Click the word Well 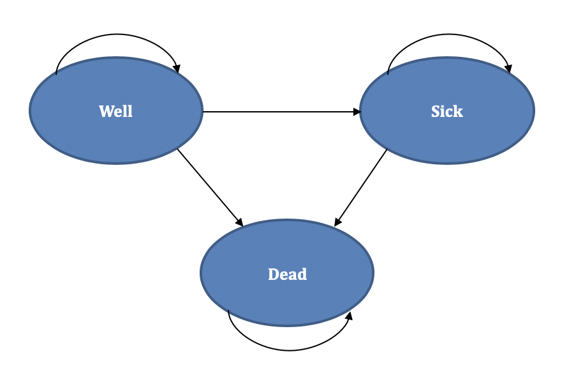pyautogui.click(x=116, y=111)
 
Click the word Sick pyautogui.click(x=447, y=111)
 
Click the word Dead pyautogui.click(x=287, y=274)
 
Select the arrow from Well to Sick pyautogui.click(x=281, y=112)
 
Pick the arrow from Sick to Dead pyautogui.click(x=361, y=187)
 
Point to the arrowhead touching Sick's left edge pyautogui.click(x=357, y=112)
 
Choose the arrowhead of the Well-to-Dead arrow pyautogui.click(x=240, y=222)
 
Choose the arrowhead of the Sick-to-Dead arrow pyautogui.click(x=337, y=222)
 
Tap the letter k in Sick pyautogui.click(x=459, y=111)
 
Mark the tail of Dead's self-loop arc pyautogui.click(x=228, y=311)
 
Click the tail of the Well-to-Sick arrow pyautogui.click(x=205, y=112)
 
